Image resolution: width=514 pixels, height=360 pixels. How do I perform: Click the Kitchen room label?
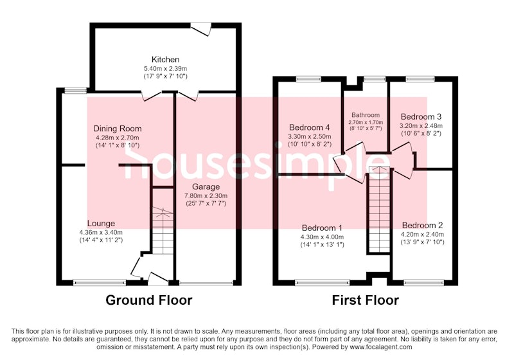[165, 59]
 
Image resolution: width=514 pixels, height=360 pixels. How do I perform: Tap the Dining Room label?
[118, 129]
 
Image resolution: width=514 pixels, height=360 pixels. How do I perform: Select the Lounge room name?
[101, 224]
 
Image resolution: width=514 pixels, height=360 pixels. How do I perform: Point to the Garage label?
[206, 187]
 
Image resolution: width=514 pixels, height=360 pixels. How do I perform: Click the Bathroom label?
[366, 115]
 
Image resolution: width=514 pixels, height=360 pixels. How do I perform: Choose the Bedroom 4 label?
[310, 127]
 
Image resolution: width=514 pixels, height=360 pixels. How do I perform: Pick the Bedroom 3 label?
[421, 117]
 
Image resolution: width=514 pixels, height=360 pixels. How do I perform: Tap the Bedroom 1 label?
[322, 228]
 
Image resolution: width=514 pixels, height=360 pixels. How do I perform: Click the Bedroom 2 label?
[422, 226]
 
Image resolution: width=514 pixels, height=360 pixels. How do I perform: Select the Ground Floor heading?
[149, 300]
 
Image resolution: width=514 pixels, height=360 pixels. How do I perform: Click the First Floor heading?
[365, 300]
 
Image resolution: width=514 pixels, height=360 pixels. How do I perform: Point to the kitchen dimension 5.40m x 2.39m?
[165, 69]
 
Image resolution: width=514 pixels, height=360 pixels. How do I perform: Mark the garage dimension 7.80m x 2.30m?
[206, 195]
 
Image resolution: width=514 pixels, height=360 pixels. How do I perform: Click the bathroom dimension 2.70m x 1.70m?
[366, 122]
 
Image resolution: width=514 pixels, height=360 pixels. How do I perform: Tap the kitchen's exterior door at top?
[201, 28]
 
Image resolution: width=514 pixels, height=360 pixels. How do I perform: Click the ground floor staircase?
[163, 230]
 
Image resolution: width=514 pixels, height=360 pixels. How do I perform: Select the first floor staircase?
[379, 209]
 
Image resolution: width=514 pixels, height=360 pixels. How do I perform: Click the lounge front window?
[100, 282]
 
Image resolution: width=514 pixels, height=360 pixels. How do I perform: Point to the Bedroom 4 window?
[308, 78]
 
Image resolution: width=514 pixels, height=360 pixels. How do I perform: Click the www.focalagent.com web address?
[380, 347]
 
